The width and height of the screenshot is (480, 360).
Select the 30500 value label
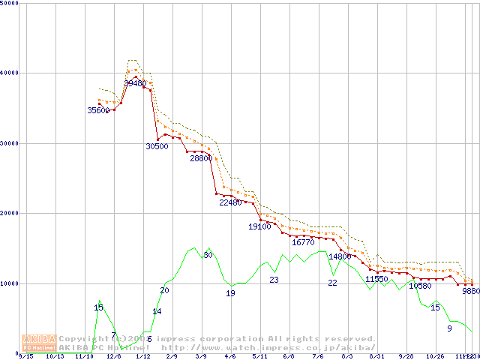coord(157,146)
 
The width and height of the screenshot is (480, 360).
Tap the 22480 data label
coord(230,202)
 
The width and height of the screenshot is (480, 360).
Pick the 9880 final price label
coord(471,291)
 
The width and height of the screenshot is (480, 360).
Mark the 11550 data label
coord(376,279)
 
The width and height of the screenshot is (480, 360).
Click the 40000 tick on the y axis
coord(10,73)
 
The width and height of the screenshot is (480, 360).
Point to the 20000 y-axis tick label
coord(10,213)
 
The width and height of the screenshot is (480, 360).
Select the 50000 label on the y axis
coord(10,4)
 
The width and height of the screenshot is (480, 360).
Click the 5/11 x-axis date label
coord(259,356)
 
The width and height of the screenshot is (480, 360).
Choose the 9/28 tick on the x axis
coord(406,356)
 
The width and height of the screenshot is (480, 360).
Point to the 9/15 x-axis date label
coord(25,356)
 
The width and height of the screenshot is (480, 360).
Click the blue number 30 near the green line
coord(208,256)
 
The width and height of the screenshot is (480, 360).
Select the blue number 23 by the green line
coord(274,280)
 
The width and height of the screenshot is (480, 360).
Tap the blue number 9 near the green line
coord(449,328)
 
